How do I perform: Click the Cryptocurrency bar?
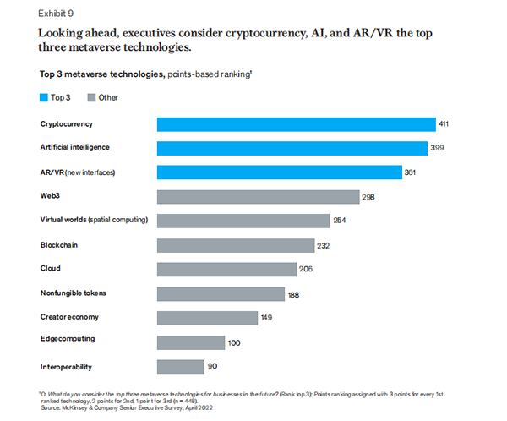296,124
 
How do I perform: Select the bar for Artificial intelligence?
292,148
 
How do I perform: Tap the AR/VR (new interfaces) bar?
280,172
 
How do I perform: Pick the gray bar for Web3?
259,196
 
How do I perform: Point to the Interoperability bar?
181,366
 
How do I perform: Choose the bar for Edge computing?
191,342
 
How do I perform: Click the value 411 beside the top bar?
444,124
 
